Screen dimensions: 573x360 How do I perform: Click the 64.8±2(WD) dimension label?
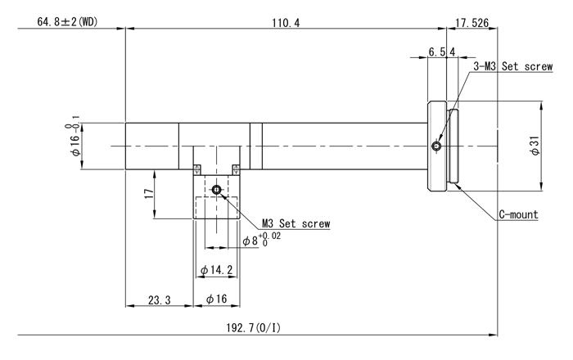(x=68, y=22)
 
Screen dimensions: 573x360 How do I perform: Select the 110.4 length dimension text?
(x=286, y=23)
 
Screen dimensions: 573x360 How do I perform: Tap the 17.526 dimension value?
(x=471, y=23)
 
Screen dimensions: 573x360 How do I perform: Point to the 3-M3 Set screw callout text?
(x=513, y=66)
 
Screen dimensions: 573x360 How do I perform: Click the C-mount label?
(x=518, y=214)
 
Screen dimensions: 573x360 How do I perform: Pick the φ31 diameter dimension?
(x=535, y=146)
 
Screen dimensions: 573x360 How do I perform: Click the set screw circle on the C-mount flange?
(x=436, y=146)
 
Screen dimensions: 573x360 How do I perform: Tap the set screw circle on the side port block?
(x=216, y=190)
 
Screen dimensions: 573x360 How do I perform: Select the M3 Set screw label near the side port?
(x=296, y=223)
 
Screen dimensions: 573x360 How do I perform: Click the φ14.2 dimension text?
(x=216, y=270)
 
